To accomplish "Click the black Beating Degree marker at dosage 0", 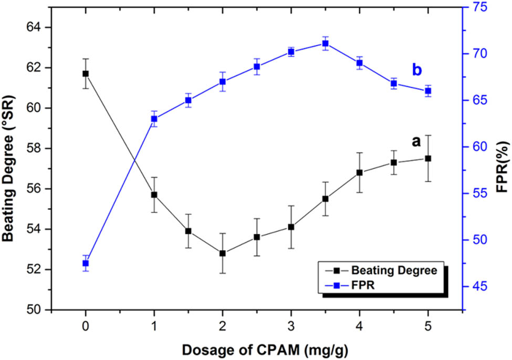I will pos(86,74).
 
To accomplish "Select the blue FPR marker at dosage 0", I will pos(86,263).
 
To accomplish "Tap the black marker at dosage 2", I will pos(223,253).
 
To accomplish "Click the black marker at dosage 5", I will pos(428,158).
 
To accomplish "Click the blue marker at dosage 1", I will pos(154,119).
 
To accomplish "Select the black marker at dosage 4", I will pos(360,172).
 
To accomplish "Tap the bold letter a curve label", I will pos(416,142).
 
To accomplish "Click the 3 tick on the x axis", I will pos(291,326).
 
